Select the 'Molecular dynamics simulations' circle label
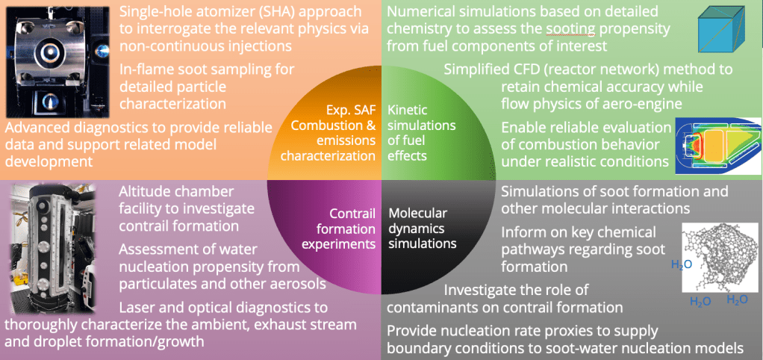tap(420, 228)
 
